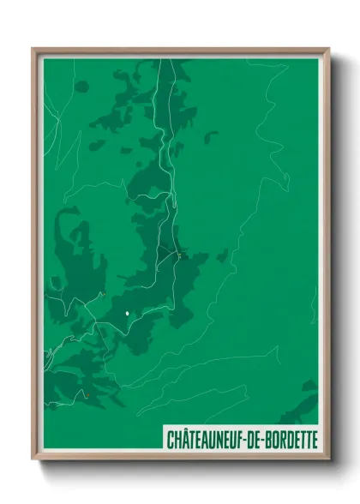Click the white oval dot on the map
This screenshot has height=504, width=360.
click(128, 314)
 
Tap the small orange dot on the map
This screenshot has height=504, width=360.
click(87, 395)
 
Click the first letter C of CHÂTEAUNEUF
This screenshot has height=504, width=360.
click(170, 439)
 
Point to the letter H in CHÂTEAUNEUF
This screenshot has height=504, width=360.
click(177, 439)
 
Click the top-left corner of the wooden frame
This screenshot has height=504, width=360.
click(33, 48)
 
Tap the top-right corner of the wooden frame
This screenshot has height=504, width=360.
click(329, 48)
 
